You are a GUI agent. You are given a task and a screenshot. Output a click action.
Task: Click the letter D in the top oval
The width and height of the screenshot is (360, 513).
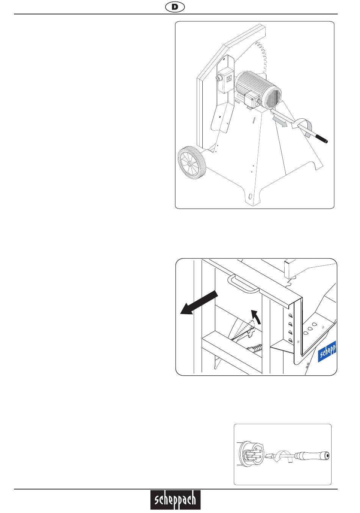click(x=175, y=7)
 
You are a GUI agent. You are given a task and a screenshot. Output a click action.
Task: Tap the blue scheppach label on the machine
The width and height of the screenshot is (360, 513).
click(x=327, y=351)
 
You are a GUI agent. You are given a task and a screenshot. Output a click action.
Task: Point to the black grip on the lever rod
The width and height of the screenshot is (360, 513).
click(x=321, y=139)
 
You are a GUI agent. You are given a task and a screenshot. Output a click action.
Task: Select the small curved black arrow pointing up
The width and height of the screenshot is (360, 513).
click(x=256, y=317)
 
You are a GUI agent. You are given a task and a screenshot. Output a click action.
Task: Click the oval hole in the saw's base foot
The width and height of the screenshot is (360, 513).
click(x=250, y=196)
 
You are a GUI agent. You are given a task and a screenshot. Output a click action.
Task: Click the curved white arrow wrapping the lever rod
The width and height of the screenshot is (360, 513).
click(x=302, y=127)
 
